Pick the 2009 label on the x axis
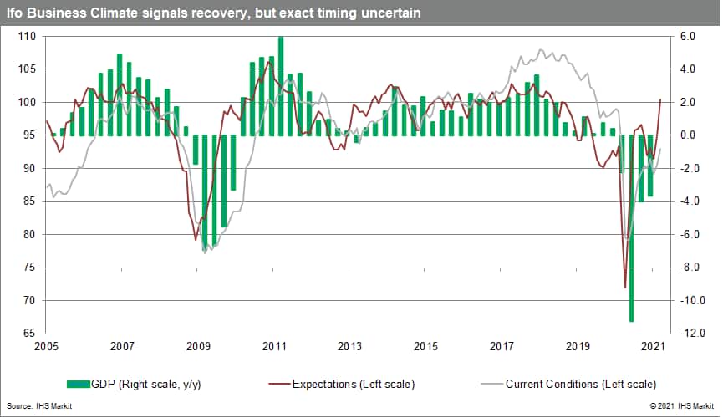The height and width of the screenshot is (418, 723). coord(198,346)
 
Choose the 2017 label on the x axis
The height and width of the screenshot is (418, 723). coord(502,346)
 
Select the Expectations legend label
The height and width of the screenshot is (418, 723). coord(353,384)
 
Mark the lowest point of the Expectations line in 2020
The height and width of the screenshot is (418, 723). coord(625,288)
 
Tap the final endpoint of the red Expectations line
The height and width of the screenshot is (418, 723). coord(660,99)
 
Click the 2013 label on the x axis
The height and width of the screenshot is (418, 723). coord(349,346)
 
